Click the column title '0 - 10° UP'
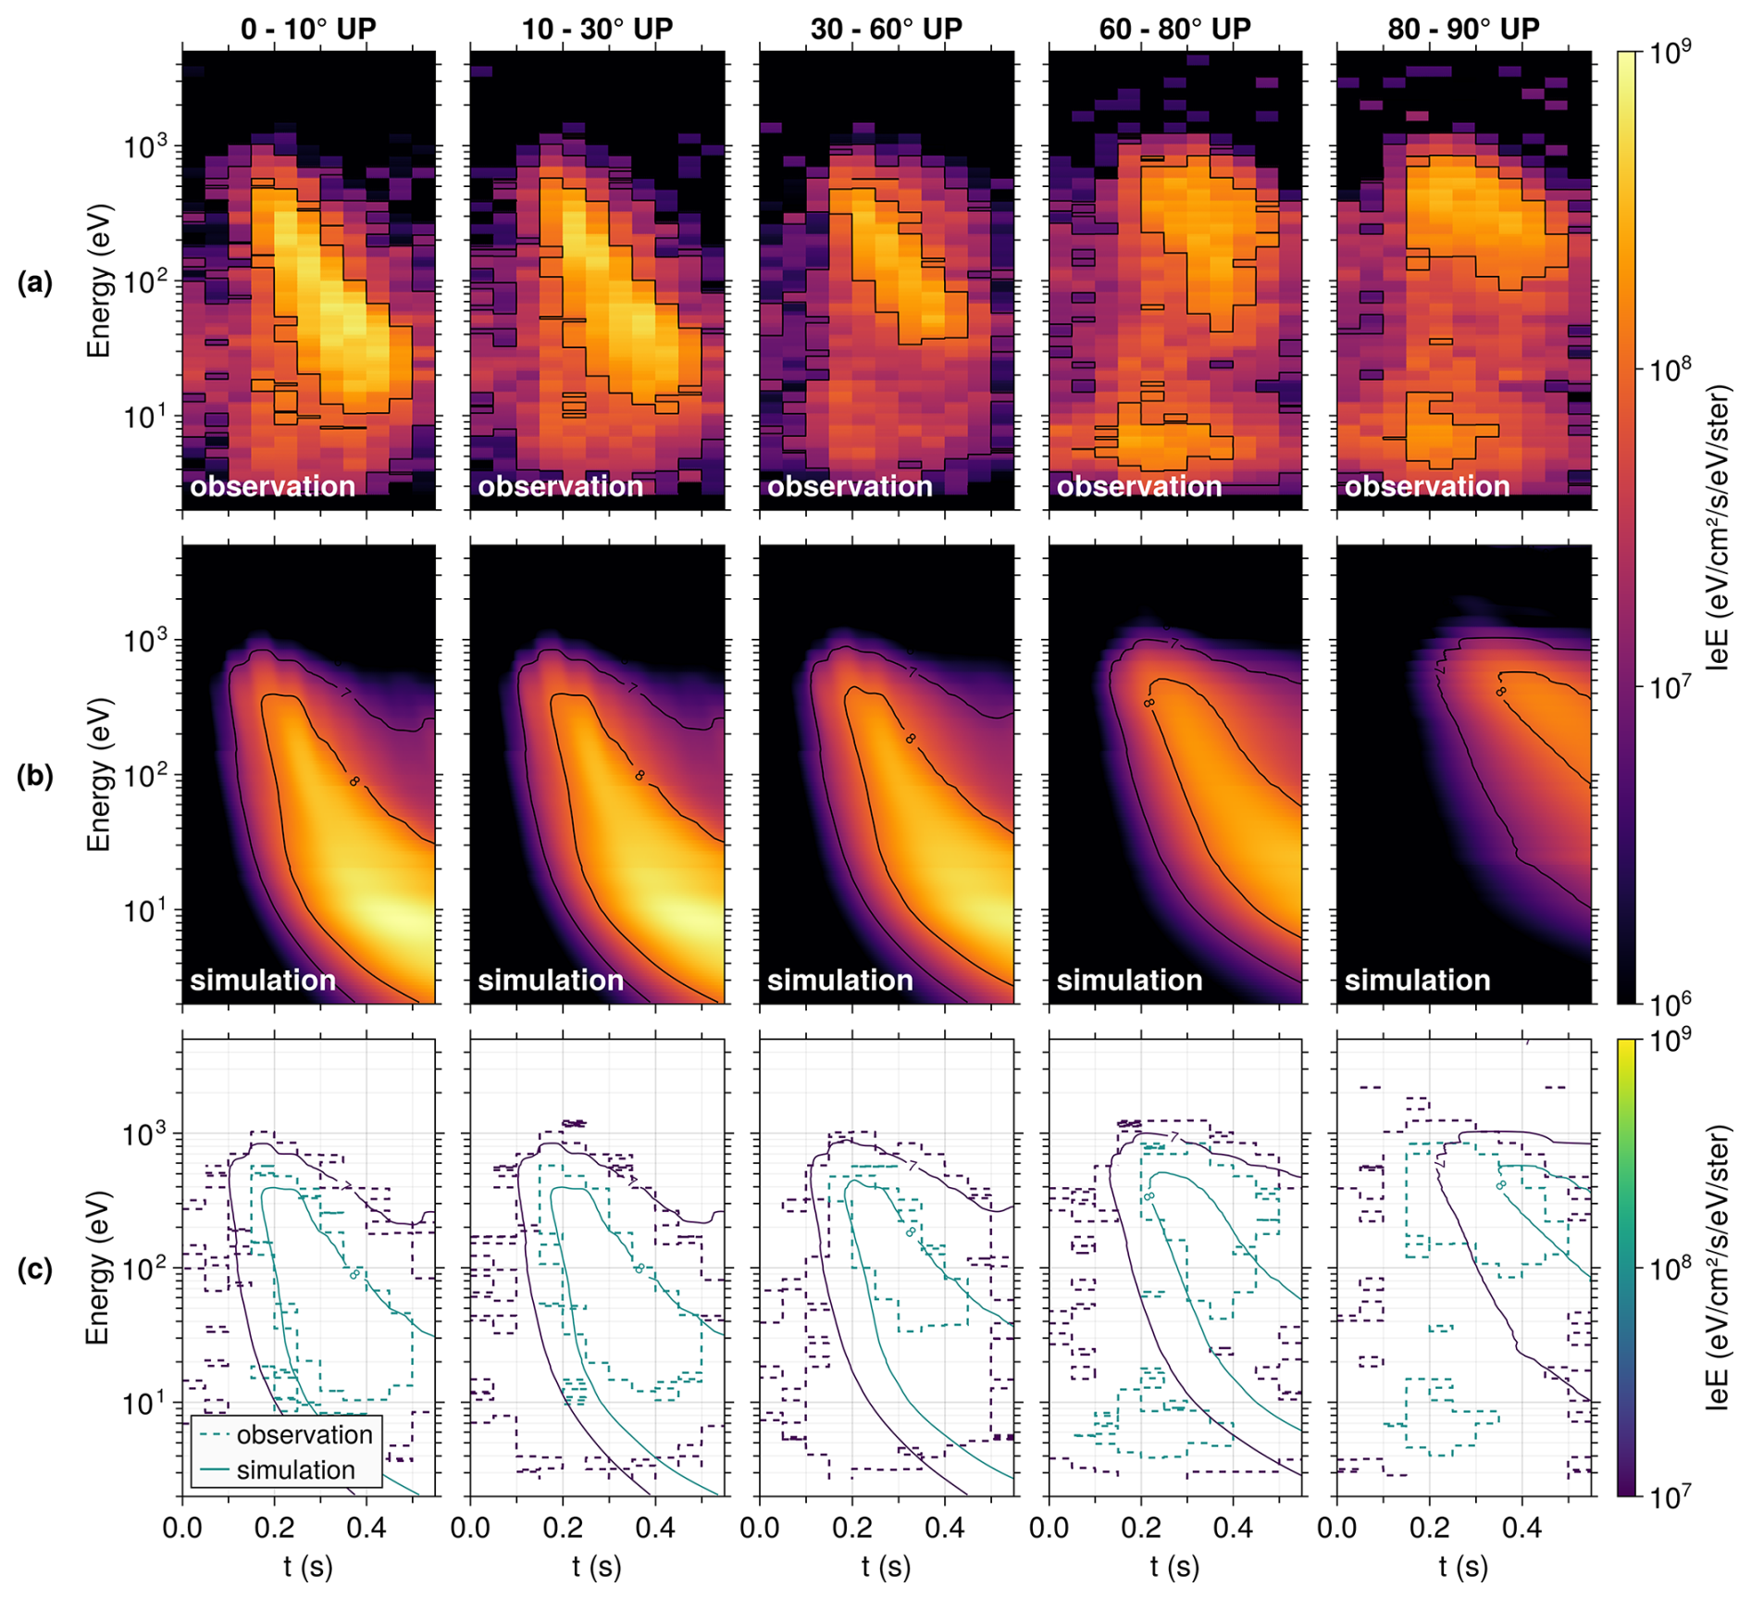click(x=308, y=29)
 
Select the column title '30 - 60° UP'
click(x=886, y=29)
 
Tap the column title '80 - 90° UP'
click(x=1463, y=29)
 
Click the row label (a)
click(x=35, y=282)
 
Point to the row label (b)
click(x=35, y=776)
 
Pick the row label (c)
click(x=35, y=1269)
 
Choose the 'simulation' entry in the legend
click(x=295, y=1469)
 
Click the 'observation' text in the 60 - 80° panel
click(x=1138, y=487)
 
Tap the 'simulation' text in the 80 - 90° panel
click(x=1417, y=981)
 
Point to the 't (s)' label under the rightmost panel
click(x=1463, y=1567)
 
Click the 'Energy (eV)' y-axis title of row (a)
click(x=98, y=281)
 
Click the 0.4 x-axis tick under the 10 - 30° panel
click(x=654, y=1528)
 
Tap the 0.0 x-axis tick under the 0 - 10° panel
click(x=182, y=1528)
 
